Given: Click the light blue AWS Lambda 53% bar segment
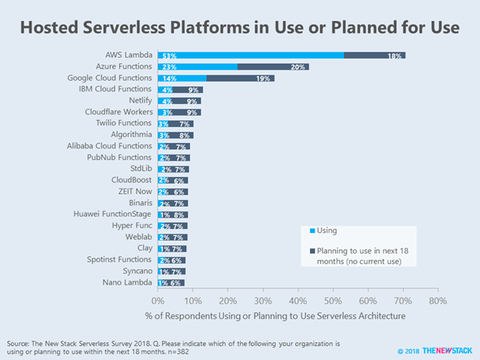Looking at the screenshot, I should (251, 55).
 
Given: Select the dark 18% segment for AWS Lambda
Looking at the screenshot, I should (375, 55).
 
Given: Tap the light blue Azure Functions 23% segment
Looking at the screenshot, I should (198, 67).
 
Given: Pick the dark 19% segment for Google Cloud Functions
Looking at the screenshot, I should (241, 78).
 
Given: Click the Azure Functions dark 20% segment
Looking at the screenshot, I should (273, 67).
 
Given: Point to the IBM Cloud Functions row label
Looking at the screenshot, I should (118, 90).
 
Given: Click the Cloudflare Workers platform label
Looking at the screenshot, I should (118, 112).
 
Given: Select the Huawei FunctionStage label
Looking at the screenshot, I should (113, 215).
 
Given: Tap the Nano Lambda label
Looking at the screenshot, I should (128, 283).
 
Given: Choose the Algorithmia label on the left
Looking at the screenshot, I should (130, 135).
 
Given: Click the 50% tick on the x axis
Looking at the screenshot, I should (332, 300).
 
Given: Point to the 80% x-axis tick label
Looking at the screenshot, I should (438, 300).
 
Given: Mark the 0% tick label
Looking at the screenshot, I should (158, 300).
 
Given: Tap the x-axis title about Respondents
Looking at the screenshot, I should (298, 315).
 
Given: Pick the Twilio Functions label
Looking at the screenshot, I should (124, 124).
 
